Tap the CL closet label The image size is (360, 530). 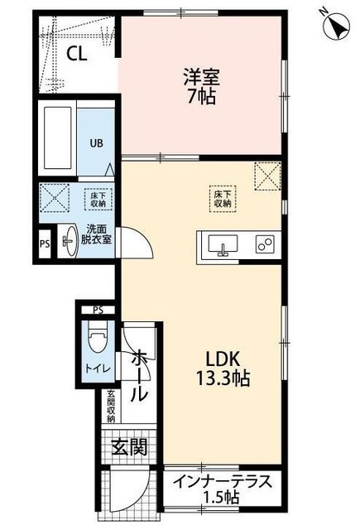[x=78, y=55]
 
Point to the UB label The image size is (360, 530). [x=97, y=142]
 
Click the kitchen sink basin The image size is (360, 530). [x=222, y=244]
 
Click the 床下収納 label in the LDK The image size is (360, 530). [x=221, y=197]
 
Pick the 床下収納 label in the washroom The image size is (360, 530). [x=95, y=199]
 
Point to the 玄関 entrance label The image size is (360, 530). [x=130, y=448]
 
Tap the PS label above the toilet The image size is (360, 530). [x=98, y=311]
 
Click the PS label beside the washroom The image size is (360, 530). [x=45, y=244]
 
